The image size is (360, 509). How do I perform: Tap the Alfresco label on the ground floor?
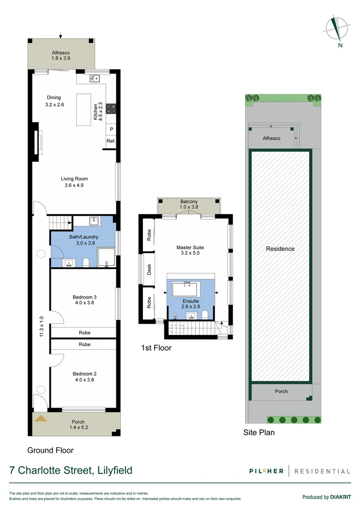tap(60, 53)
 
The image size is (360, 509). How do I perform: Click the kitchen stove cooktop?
tap(112, 108)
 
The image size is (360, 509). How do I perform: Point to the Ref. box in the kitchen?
tap(111, 141)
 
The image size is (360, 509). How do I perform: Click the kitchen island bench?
tap(84, 109)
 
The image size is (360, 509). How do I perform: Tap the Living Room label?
tap(74, 179)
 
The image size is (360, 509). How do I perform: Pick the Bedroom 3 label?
tap(84, 297)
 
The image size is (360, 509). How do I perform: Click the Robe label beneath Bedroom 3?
tap(84, 333)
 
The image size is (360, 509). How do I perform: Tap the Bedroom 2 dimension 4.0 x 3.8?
tap(84, 379)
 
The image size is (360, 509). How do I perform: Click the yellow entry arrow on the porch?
tap(41, 418)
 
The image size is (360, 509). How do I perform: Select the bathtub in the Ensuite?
tap(186, 288)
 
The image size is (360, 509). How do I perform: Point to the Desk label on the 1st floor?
tap(149, 270)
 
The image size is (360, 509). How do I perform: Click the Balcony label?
tap(188, 202)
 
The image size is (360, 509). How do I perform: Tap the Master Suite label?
tap(190, 247)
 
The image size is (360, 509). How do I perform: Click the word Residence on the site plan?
tap(280, 249)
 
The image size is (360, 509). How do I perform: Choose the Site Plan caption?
tap(259, 432)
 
